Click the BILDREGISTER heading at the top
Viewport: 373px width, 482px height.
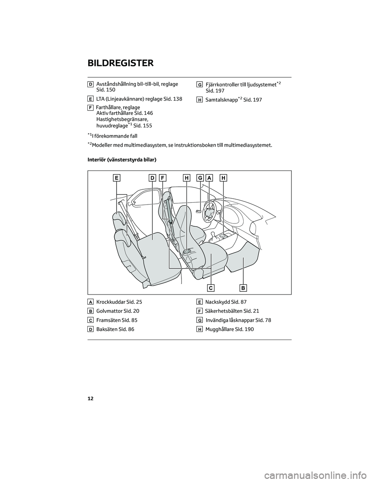(121, 63)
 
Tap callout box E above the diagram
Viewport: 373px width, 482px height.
(117, 178)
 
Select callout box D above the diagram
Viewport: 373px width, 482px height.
(152, 178)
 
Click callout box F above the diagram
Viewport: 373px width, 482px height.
(162, 178)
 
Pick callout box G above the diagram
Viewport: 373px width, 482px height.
(200, 178)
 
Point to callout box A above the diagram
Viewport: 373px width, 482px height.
(209, 178)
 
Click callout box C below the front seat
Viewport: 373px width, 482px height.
(211, 288)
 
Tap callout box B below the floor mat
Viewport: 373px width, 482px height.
(243, 288)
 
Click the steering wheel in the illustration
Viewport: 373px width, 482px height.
(210, 211)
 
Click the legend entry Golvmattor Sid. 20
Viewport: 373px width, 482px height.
(117, 311)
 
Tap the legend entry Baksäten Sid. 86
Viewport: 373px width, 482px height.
(115, 329)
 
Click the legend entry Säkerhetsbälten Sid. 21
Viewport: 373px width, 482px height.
(232, 311)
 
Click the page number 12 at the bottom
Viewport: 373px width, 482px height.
(91, 399)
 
